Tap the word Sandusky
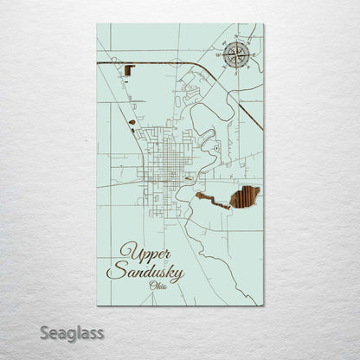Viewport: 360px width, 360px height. (145, 273)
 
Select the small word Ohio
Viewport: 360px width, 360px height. (158, 286)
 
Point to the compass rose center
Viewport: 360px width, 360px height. (235, 56)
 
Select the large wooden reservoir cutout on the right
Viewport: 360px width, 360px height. (244, 197)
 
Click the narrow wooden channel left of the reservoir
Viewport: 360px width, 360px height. (211, 201)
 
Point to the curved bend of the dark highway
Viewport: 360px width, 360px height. (201, 68)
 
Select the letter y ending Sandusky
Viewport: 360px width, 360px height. (178, 276)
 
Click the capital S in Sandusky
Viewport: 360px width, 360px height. (113, 272)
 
